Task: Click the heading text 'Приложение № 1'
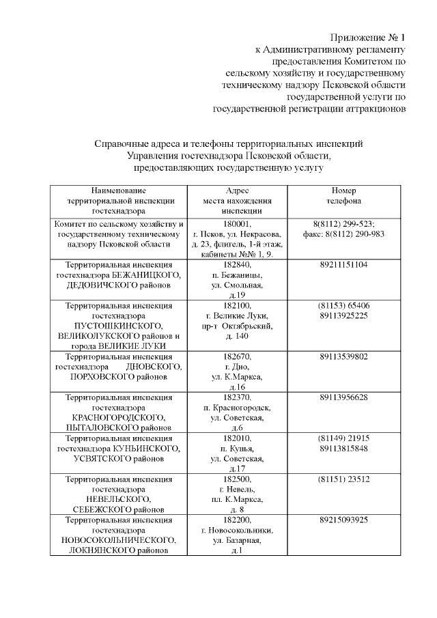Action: coord(368,37)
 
